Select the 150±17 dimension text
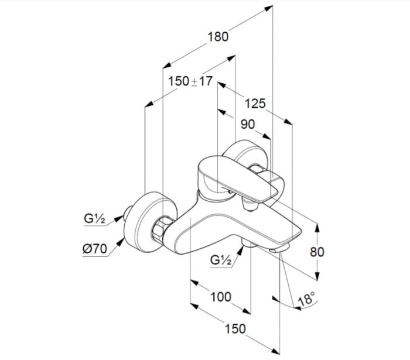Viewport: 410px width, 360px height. coord(190,81)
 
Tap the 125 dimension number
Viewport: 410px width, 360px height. coord(255,104)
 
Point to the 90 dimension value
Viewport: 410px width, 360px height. coord(248,124)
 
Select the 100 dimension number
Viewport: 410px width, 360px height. coord(220,297)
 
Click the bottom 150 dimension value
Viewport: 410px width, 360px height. coord(235,329)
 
